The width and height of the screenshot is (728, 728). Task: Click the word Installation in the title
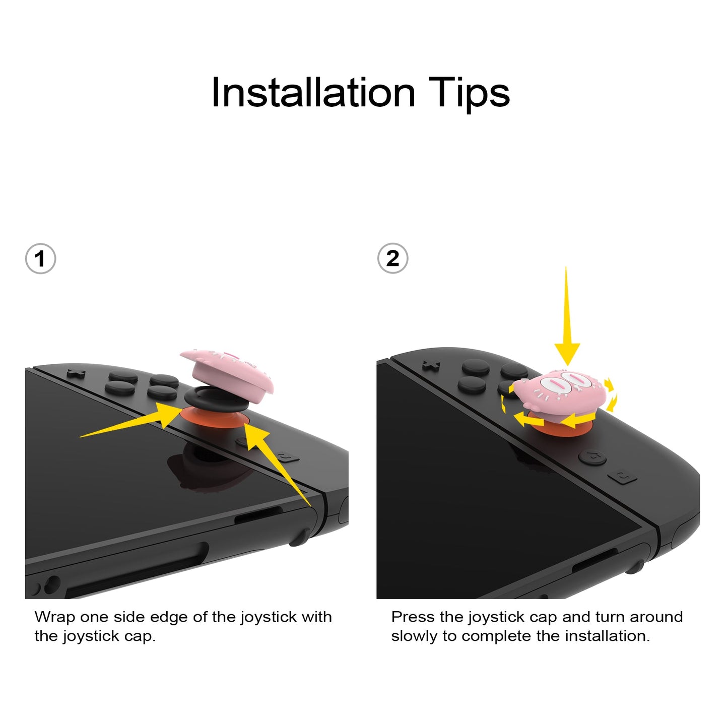pos(313,93)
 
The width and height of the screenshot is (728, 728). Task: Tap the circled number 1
pos(40,259)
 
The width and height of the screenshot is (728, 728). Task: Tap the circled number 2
pos(392,258)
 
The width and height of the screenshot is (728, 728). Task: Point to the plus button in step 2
pos(431,365)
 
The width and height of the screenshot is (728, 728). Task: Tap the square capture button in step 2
pos(623,476)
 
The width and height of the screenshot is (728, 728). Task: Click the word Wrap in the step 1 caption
pos(54,617)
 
